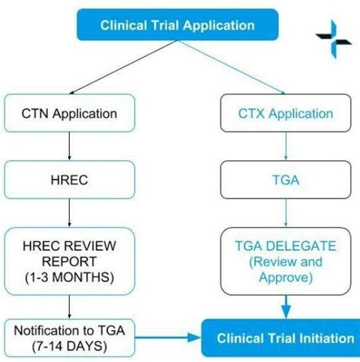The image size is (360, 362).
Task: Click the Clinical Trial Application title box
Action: [178, 25]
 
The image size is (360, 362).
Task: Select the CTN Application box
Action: [70, 113]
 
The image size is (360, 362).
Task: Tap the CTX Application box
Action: [286, 113]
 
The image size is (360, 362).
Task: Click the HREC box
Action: [70, 179]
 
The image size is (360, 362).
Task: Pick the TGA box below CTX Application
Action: [286, 179]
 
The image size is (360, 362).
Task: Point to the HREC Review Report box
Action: [70, 262]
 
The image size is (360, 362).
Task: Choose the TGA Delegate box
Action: [286, 262]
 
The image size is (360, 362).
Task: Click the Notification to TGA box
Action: [70, 338]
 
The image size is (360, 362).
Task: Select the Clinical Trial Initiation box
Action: [281, 338]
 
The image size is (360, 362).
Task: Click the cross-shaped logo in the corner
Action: [333, 40]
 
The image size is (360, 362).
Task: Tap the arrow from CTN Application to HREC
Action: [70, 146]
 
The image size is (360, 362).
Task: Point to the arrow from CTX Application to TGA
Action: [286, 146]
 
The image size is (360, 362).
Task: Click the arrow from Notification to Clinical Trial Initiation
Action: [168, 338]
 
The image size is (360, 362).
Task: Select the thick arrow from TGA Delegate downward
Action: [286, 307]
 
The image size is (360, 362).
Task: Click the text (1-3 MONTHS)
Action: [70, 277]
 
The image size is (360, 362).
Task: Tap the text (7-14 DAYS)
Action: [70, 346]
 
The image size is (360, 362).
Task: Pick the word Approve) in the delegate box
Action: [286, 277]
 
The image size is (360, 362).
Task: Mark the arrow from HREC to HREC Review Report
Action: [70, 213]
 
